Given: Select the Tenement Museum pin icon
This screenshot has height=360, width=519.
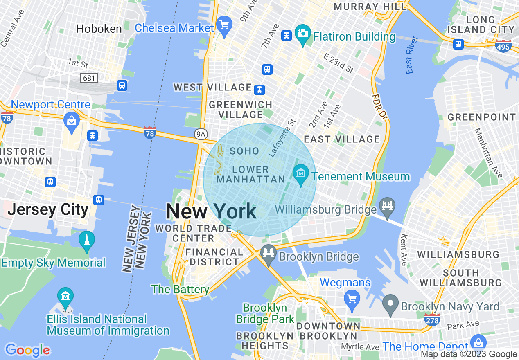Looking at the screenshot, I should click(x=301, y=174).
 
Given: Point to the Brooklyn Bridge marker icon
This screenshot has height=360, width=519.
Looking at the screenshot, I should click(x=268, y=254).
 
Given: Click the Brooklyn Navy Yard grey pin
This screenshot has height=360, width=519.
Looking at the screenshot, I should click(x=390, y=304).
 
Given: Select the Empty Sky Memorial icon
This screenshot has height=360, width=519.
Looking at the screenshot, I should click(x=86, y=241).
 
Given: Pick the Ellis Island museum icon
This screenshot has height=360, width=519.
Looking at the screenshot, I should click(x=65, y=297).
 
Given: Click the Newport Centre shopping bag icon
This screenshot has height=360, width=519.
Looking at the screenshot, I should click(x=72, y=121).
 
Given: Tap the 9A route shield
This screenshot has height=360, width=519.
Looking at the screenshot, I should click(x=200, y=135).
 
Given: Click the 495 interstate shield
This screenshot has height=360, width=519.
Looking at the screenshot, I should click(x=503, y=45).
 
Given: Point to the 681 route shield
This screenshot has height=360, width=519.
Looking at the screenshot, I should click(x=89, y=77).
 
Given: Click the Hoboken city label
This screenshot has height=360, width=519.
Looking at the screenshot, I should click(x=99, y=29).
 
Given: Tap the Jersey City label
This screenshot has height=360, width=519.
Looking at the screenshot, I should click(x=48, y=209).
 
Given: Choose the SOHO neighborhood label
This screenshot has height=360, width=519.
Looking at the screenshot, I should click(x=244, y=151).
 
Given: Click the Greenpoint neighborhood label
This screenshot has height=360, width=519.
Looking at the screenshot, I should click(x=482, y=117).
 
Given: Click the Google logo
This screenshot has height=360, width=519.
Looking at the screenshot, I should click(x=27, y=351).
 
